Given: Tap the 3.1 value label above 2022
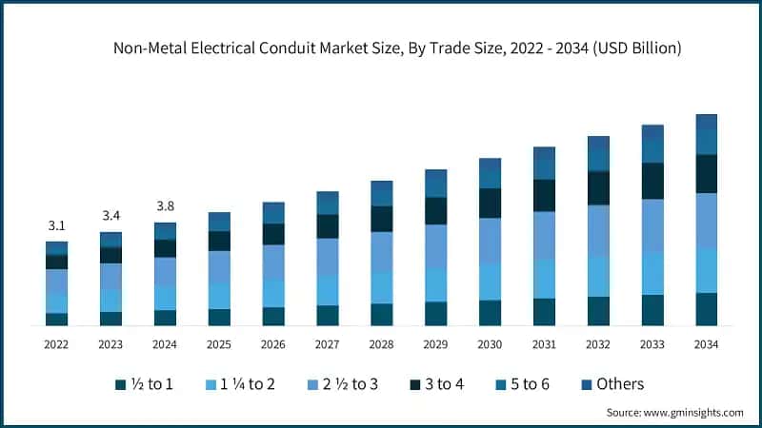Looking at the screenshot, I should (56, 225).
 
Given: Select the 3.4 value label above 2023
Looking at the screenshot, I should (110, 216).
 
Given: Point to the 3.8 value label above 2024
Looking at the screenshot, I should (165, 205).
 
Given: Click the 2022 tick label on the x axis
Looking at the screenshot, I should (56, 344).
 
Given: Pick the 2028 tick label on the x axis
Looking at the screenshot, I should (381, 344).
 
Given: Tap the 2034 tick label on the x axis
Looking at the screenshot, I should (706, 344).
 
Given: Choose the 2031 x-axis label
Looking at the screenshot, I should (544, 344).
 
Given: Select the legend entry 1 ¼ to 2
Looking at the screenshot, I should (239, 384).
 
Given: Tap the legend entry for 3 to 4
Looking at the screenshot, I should (432, 384).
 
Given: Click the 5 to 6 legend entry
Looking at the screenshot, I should (521, 384).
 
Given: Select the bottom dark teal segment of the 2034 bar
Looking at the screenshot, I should (706, 309).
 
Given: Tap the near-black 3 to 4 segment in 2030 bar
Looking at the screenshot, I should (490, 203).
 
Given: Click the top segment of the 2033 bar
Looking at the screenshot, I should (652, 132).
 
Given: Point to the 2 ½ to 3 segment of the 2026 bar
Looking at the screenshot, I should (273, 262).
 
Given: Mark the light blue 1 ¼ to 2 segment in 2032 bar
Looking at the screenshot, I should (598, 276).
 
